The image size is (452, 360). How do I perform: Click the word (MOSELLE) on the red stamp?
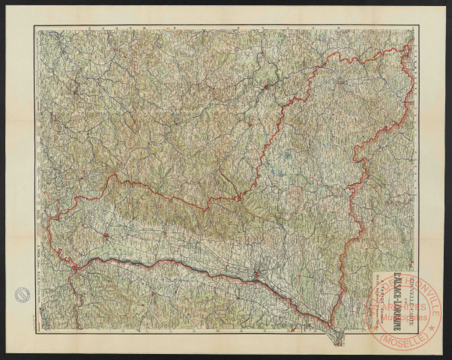point(405,338)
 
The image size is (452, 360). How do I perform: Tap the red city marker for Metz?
point(266,88)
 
